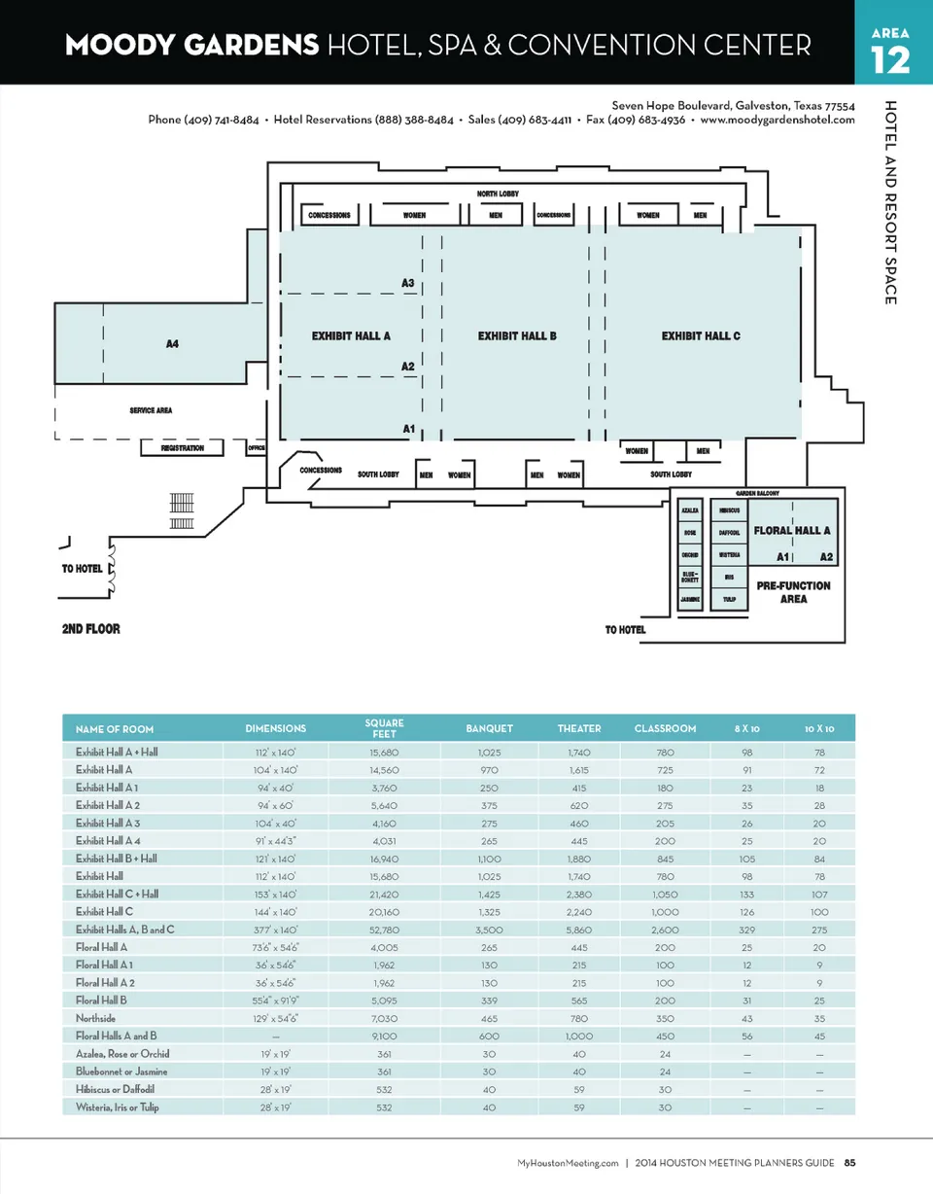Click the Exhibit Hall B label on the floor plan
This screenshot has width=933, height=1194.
click(517, 336)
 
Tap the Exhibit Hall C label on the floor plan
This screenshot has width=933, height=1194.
click(701, 336)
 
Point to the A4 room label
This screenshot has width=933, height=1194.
click(172, 344)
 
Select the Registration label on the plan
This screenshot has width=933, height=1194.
click(182, 448)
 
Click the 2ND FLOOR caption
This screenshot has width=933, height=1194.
click(91, 629)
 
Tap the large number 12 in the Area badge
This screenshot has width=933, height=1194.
click(890, 61)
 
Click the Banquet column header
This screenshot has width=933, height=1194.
click(490, 728)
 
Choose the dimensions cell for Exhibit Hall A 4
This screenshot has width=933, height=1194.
click(276, 841)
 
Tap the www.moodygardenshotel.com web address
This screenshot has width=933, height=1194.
click(777, 120)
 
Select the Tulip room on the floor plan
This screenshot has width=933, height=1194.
click(729, 600)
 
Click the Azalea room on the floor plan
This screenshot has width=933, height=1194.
click(690, 509)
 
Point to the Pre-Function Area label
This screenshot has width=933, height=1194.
click(793, 592)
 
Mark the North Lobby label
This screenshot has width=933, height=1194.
click(498, 194)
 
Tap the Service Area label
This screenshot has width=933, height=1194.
click(151, 410)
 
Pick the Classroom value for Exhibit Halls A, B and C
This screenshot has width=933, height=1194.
click(665, 930)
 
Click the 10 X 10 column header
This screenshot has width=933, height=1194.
click(819, 728)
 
